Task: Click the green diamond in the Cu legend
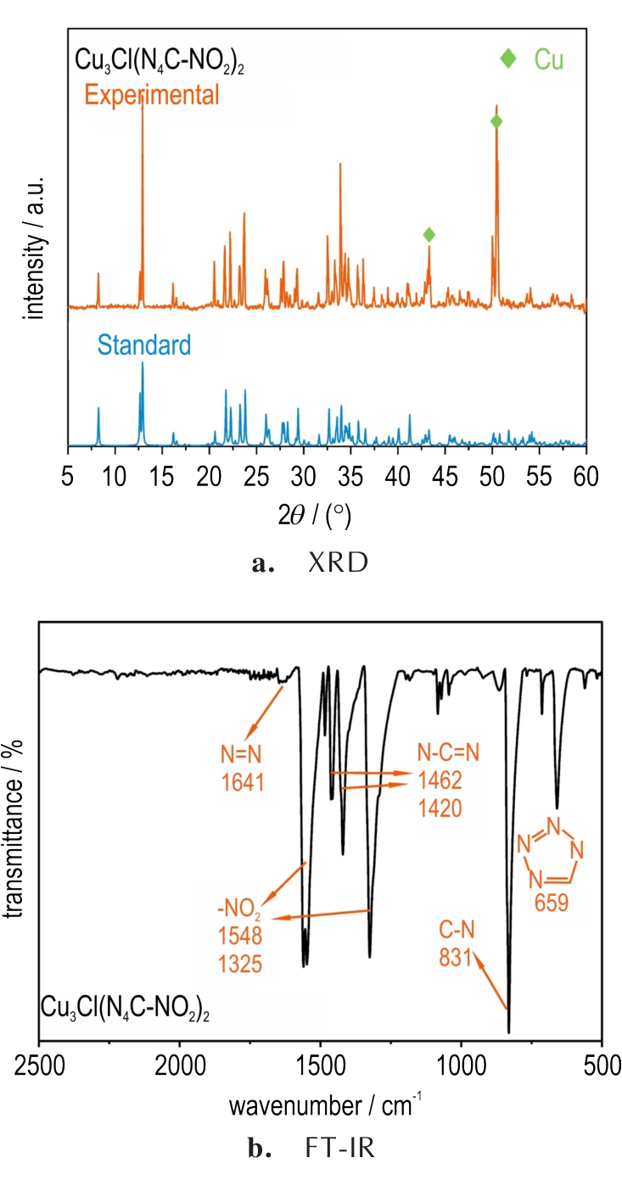[x=507, y=58]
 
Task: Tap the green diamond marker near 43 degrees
[x=429, y=234]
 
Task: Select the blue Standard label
[x=143, y=344]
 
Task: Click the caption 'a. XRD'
[x=311, y=565]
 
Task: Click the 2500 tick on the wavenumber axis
[x=40, y=1065]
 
